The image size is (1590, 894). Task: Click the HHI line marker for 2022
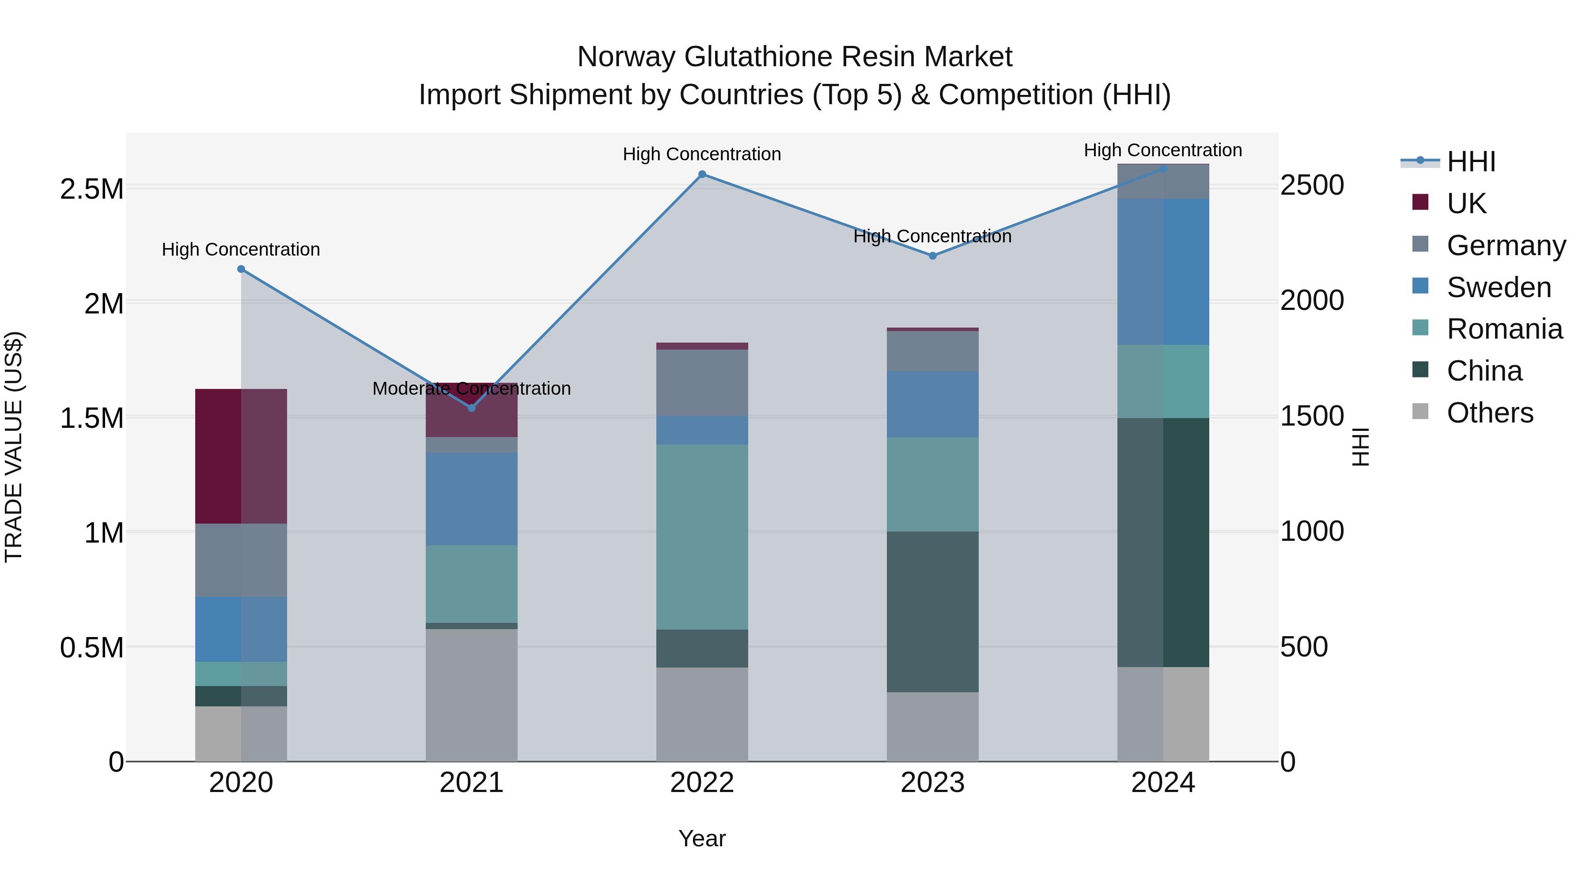[702, 174]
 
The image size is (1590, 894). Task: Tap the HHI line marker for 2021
[472, 408]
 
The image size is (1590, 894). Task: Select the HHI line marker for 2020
[241, 269]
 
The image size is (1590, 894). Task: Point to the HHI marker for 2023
[933, 256]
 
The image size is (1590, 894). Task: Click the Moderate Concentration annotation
[472, 389]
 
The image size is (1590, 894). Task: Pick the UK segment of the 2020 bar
[241, 456]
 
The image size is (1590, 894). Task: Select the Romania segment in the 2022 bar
[702, 537]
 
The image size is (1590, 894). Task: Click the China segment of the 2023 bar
[933, 611]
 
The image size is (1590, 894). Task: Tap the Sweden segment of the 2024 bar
[1163, 272]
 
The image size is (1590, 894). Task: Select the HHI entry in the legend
[1470, 162]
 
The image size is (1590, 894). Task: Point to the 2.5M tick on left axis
[92, 189]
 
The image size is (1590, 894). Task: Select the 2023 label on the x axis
[933, 783]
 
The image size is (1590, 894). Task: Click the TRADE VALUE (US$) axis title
[14, 447]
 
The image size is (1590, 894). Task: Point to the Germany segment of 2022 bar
[702, 382]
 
